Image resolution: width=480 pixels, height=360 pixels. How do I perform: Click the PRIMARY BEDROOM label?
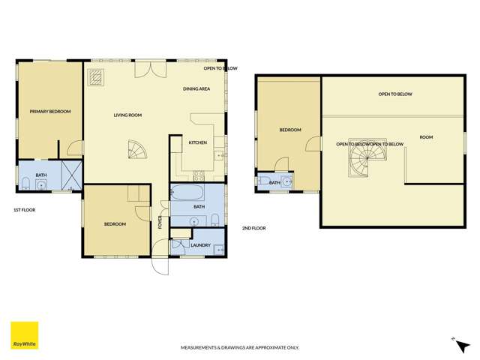pyautogui.click(x=50, y=112)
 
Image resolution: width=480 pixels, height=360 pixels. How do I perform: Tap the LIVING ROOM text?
pyautogui.click(x=127, y=115)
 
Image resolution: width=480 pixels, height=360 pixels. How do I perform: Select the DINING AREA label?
pyautogui.click(x=196, y=89)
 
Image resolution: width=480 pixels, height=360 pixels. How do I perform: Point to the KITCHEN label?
pyautogui.click(x=197, y=142)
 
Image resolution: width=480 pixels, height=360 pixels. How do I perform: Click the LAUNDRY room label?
pyautogui.click(x=200, y=244)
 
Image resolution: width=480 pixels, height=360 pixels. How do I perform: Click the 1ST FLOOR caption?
pyautogui.click(x=24, y=210)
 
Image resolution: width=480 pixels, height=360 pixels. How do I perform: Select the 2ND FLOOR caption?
pyautogui.click(x=253, y=228)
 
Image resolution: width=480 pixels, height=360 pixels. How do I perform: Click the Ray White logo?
pyautogui.click(x=24, y=335)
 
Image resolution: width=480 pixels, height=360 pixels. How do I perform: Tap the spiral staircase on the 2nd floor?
pyautogui.click(x=364, y=160)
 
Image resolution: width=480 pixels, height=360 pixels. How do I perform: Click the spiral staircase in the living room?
pyautogui.click(x=137, y=151)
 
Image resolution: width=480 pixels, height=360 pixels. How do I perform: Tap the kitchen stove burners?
pyautogui.click(x=199, y=176)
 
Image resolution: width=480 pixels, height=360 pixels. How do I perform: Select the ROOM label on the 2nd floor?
pyautogui.click(x=426, y=137)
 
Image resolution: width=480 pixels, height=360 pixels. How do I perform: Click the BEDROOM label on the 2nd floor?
pyautogui.click(x=290, y=130)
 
